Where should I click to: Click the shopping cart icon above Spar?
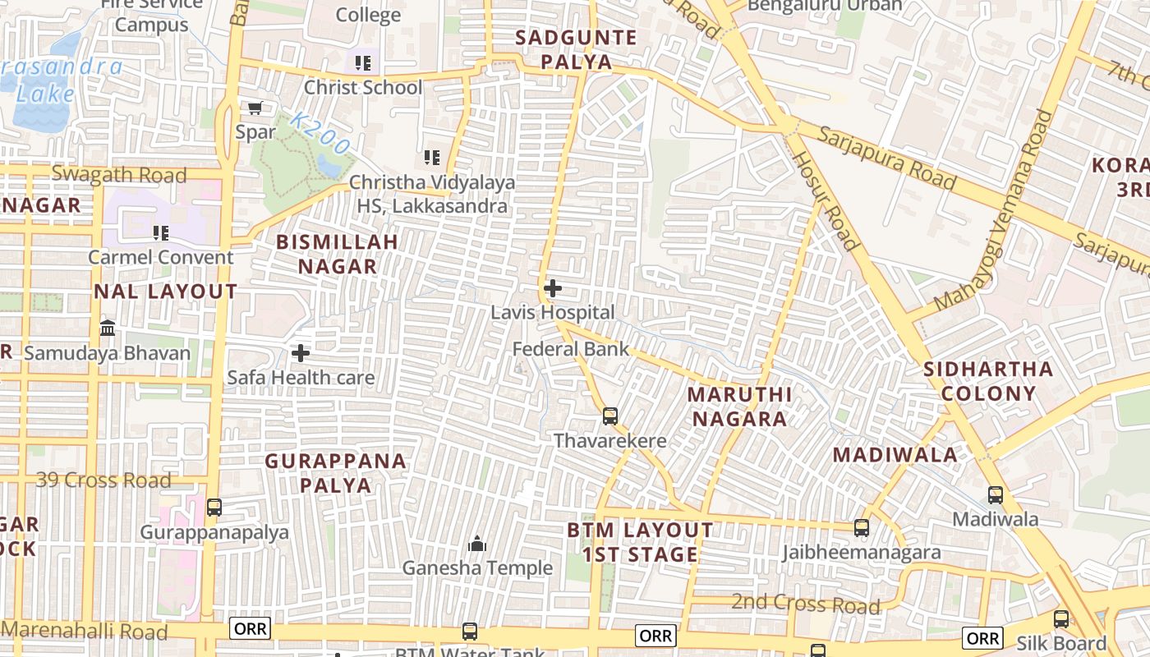coord(255,108)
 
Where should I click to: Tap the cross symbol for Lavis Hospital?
coord(553,288)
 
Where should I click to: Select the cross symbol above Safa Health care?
coord(301,353)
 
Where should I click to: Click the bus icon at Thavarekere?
coord(609,416)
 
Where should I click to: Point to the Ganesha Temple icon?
coord(476,544)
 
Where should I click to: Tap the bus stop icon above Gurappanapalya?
coord(214,508)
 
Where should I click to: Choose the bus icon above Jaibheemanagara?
coord(861,528)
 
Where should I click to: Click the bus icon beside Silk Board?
coord(1061,619)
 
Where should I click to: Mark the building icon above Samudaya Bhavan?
coord(108,328)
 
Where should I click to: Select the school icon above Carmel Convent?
coord(161,233)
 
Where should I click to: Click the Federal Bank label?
coord(571,349)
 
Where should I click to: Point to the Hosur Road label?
coord(826,200)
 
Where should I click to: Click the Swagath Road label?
coord(119,174)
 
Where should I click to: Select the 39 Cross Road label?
coord(103,480)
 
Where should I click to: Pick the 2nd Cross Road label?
coord(805,605)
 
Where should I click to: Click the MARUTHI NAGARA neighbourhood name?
coord(739,407)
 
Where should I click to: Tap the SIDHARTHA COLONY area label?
coord(988,381)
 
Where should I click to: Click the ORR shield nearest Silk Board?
coord(982,638)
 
